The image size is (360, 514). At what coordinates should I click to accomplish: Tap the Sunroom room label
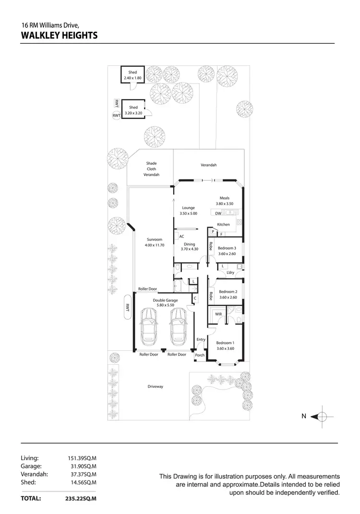click(155, 239)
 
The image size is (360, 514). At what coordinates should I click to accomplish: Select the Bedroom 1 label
click(225, 342)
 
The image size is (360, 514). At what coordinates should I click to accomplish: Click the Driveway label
click(155, 386)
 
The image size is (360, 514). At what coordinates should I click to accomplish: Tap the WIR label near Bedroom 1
click(218, 314)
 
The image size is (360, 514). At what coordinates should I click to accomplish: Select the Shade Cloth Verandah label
click(151, 169)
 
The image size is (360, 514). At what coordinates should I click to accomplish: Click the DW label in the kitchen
click(218, 213)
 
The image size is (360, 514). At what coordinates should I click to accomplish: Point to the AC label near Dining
click(181, 236)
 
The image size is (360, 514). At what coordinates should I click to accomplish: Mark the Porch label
click(200, 355)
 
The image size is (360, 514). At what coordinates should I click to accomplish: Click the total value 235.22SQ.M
click(81, 499)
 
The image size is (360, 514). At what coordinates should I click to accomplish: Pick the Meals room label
click(225, 198)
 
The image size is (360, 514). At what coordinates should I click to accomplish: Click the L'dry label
click(230, 273)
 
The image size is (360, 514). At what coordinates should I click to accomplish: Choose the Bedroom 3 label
click(227, 248)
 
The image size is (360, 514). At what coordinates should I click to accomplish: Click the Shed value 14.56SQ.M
click(84, 482)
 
